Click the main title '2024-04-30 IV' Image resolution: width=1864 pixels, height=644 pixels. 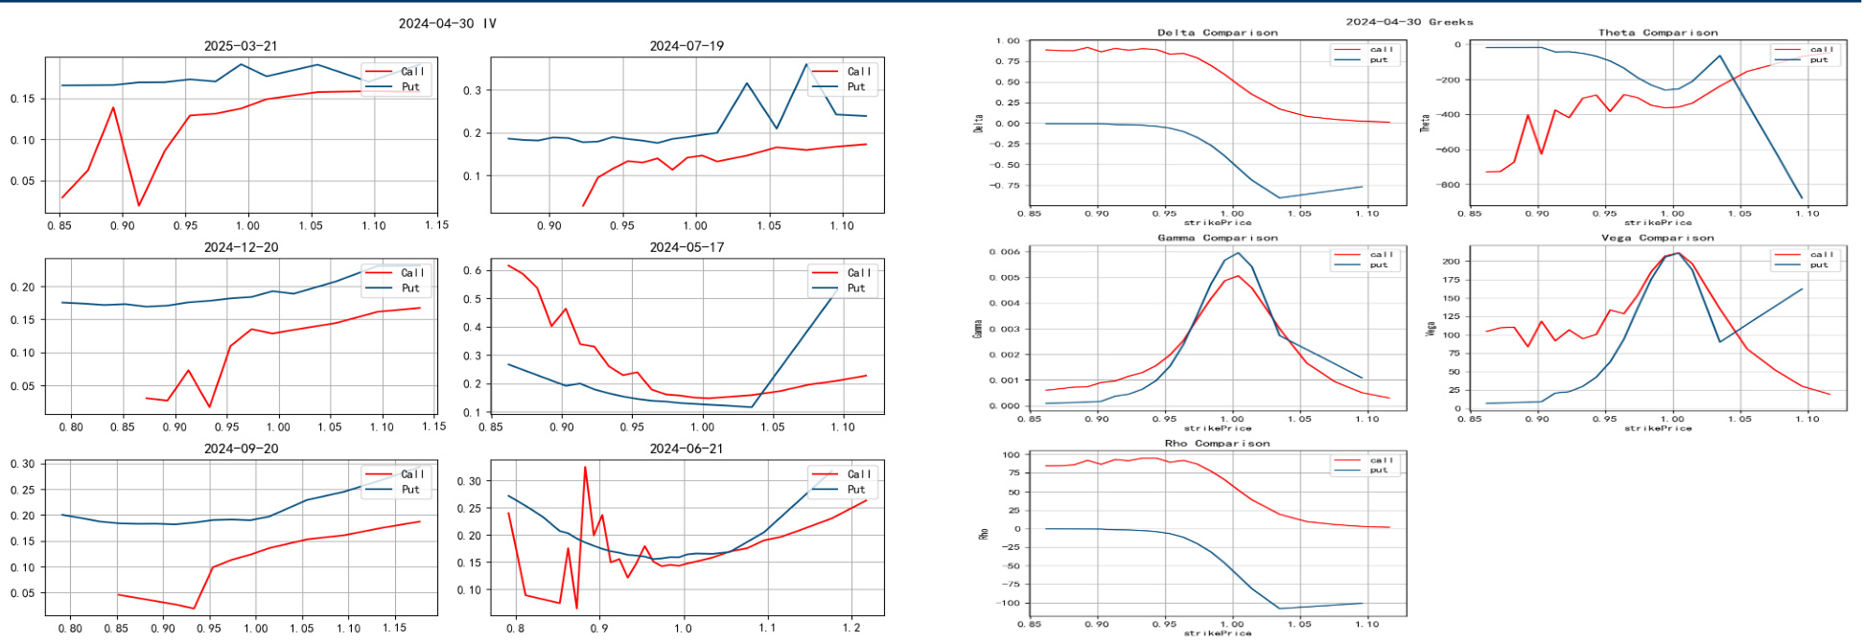pos(448,23)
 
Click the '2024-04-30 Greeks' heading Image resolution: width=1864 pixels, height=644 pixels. pos(1409,21)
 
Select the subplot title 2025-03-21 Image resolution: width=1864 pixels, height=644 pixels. pos(241,46)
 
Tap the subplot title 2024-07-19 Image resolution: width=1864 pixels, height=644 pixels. pos(687,46)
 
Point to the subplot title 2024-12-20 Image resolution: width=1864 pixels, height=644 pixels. pos(241,247)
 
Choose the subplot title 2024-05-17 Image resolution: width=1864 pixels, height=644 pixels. pos(687,247)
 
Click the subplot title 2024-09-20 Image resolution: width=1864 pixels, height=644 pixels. pos(241,448)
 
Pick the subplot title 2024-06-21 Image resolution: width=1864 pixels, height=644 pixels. pos(687,448)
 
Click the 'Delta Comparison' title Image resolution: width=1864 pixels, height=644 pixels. pos(1217,33)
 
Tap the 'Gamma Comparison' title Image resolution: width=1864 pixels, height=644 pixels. pos(1217,238)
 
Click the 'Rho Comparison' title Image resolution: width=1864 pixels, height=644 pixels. pos(1217,444)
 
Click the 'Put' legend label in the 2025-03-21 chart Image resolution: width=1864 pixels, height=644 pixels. pos(410,87)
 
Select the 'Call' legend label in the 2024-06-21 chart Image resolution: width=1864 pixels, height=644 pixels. pos(859,474)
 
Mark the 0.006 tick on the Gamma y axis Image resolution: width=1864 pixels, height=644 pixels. pos(1005,252)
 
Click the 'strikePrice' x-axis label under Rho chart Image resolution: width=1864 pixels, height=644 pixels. pos(1217,632)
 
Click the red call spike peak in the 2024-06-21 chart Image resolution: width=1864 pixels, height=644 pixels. pos(585,467)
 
